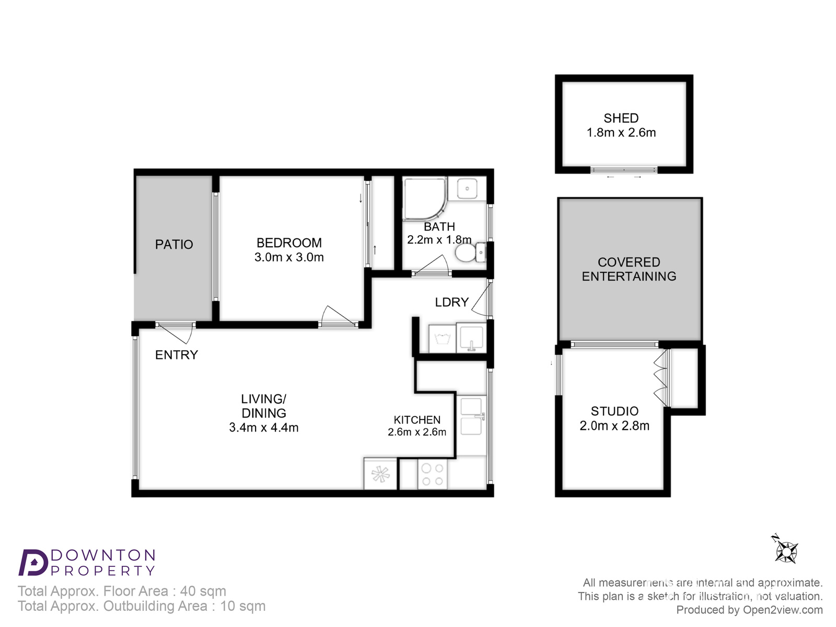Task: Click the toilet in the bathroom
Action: click(470, 252)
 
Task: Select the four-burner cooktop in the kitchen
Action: click(432, 474)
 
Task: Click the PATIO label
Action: click(174, 245)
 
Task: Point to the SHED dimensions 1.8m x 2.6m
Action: click(621, 133)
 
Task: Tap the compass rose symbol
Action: click(785, 551)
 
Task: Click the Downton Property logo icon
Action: click(33, 562)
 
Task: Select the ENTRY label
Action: click(176, 355)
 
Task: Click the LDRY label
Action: click(452, 303)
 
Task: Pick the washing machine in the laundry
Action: click(442, 339)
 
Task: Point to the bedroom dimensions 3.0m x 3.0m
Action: click(289, 258)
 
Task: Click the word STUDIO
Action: click(614, 411)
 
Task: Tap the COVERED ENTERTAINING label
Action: click(629, 269)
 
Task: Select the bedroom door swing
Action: click(338, 315)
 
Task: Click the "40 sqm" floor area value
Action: click(203, 591)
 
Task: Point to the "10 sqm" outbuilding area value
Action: click(242, 606)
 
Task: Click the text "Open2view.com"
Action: click(783, 610)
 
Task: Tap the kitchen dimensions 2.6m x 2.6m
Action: click(417, 432)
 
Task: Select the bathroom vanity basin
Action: click(467, 188)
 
